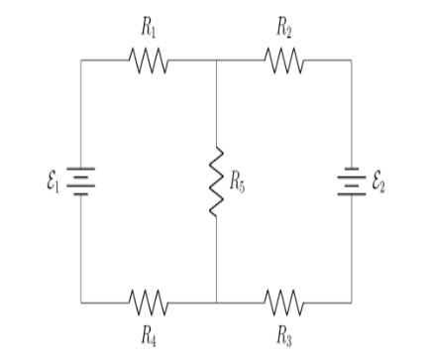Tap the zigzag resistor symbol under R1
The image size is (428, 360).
pyautogui.click(x=149, y=61)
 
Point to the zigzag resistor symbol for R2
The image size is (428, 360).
pyautogui.click(x=283, y=61)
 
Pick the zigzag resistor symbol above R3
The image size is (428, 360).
pyautogui.click(x=283, y=300)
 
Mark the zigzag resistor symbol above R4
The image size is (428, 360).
pyautogui.click(x=149, y=300)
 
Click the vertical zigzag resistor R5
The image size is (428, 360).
pyautogui.click(x=216, y=180)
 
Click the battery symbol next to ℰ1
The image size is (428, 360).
pyautogui.click(x=80, y=181)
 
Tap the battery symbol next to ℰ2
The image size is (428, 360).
pyautogui.click(x=351, y=181)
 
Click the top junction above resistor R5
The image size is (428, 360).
pyautogui.click(x=216, y=60)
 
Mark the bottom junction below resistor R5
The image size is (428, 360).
pyautogui.click(x=216, y=300)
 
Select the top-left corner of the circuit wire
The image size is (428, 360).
pyautogui.click(x=80, y=60)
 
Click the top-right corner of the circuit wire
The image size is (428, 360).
pyautogui.click(x=351, y=60)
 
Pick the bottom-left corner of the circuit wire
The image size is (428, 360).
pyautogui.click(x=80, y=300)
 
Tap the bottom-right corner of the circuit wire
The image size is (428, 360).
pyautogui.click(x=351, y=300)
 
